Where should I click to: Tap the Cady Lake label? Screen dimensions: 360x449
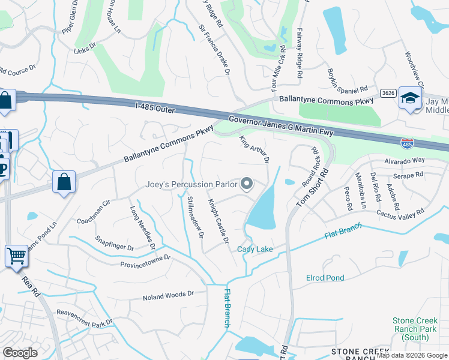[x=255, y=249]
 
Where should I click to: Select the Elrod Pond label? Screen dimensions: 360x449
[x=325, y=278]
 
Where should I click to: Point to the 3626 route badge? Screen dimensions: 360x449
[x=387, y=92]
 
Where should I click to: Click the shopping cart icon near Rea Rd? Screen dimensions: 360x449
[x=17, y=256]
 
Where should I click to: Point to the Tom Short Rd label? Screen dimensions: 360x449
[x=313, y=188]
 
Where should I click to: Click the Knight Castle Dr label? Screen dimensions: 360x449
[x=218, y=221]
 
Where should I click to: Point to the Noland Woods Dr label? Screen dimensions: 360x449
[x=168, y=295]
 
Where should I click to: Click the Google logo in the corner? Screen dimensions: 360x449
[x=20, y=353]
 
